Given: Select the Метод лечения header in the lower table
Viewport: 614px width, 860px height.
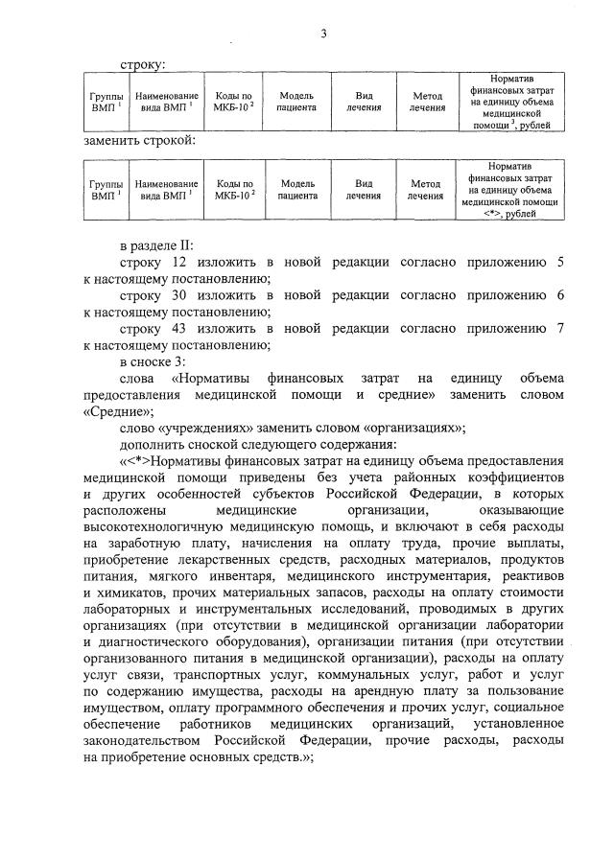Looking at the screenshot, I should (x=425, y=190).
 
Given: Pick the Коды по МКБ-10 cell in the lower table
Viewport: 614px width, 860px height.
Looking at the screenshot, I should (x=234, y=190).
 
